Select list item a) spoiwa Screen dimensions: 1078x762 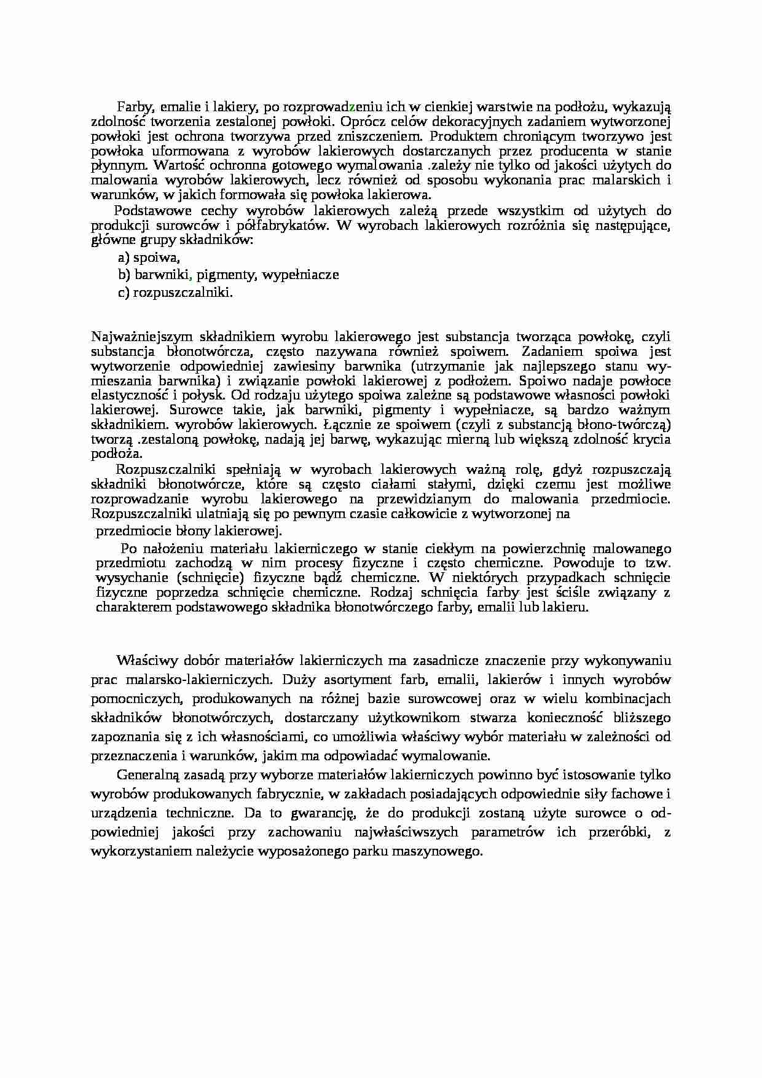(x=149, y=258)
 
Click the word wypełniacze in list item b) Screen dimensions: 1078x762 (x=300, y=275)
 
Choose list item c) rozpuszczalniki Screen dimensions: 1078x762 (x=176, y=293)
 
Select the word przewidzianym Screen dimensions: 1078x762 (x=410, y=499)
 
